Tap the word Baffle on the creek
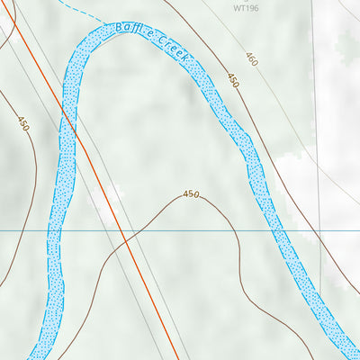coord(133,32)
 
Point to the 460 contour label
coord(251,60)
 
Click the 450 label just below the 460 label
coord(232,81)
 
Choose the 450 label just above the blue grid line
coord(191,193)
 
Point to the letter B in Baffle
coord(119,28)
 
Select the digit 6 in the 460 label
coord(251,60)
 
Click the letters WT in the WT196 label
coord(238,8)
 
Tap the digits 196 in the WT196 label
coord(251,8)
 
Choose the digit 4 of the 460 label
coord(247,56)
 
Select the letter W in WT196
coord(235,8)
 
